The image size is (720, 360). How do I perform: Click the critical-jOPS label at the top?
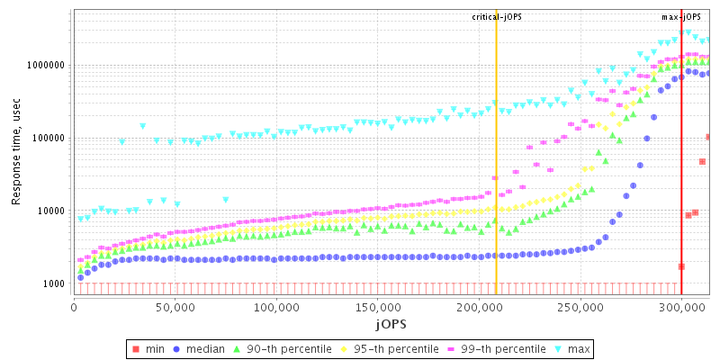click(496, 17)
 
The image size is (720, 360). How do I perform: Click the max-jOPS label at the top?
click(682, 17)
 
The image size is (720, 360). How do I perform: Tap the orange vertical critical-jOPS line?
click(496, 162)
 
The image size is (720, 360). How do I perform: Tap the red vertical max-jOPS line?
click(681, 162)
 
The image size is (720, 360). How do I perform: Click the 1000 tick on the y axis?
click(53, 284)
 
